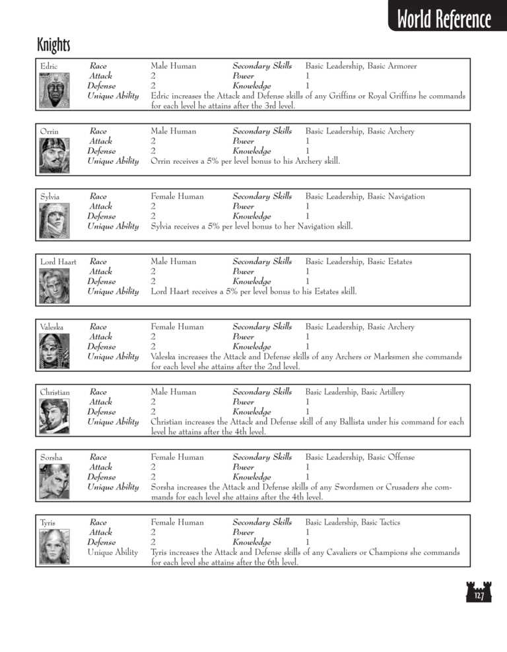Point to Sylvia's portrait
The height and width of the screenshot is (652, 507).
click(53, 221)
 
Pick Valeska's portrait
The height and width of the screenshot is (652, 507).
click(53, 351)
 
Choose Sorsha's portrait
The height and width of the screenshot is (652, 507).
click(53, 481)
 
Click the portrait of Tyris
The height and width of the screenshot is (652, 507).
click(53, 546)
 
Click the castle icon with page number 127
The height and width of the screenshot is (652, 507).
click(479, 593)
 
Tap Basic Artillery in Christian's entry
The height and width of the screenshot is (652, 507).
click(383, 392)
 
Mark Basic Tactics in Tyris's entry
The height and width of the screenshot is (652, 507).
click(380, 523)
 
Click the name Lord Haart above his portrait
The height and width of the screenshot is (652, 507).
click(58, 262)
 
